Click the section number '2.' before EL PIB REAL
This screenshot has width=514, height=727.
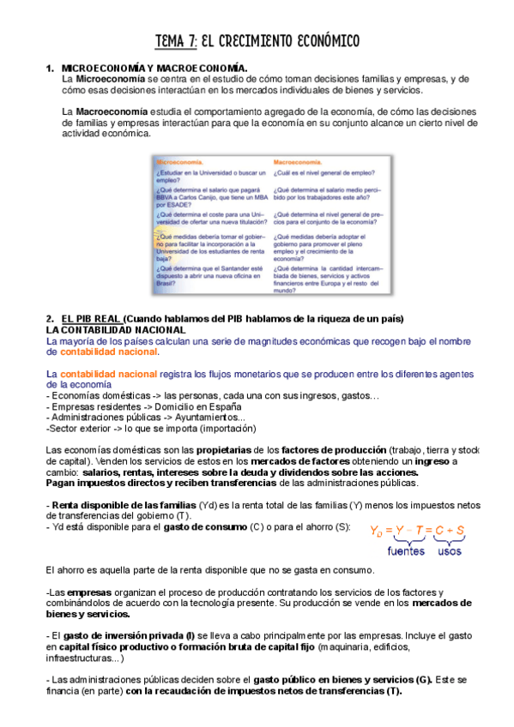pyautogui.click(x=51, y=319)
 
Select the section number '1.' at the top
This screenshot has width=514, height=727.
pyautogui.click(x=51, y=67)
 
